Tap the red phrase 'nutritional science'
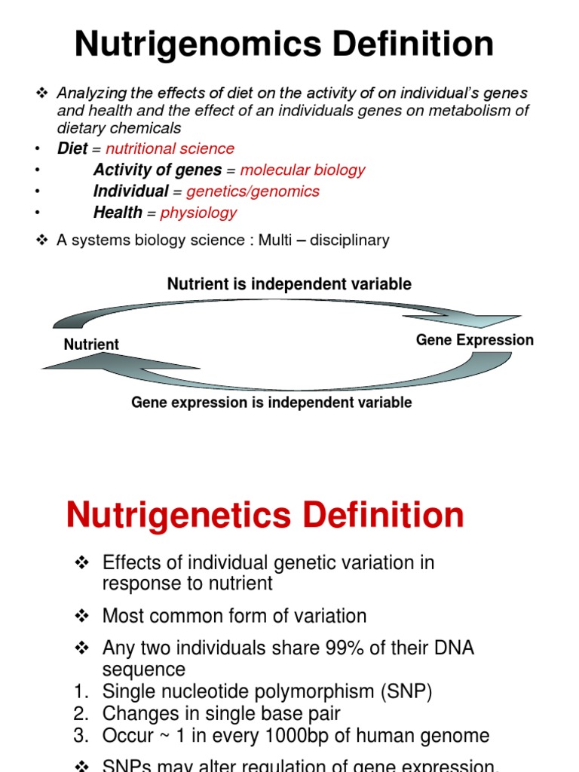click(170, 149)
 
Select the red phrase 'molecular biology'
click(302, 170)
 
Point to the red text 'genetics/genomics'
click(253, 191)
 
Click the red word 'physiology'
click(198, 213)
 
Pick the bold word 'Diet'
click(72, 149)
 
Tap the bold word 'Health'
click(118, 213)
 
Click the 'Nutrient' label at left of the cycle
click(91, 345)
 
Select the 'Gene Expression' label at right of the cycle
click(474, 340)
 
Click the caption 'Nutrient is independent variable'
click(289, 284)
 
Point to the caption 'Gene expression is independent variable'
click(271, 403)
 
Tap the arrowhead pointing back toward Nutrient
click(68, 363)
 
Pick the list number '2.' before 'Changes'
click(83, 714)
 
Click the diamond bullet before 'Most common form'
click(83, 617)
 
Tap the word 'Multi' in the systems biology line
click(277, 240)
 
